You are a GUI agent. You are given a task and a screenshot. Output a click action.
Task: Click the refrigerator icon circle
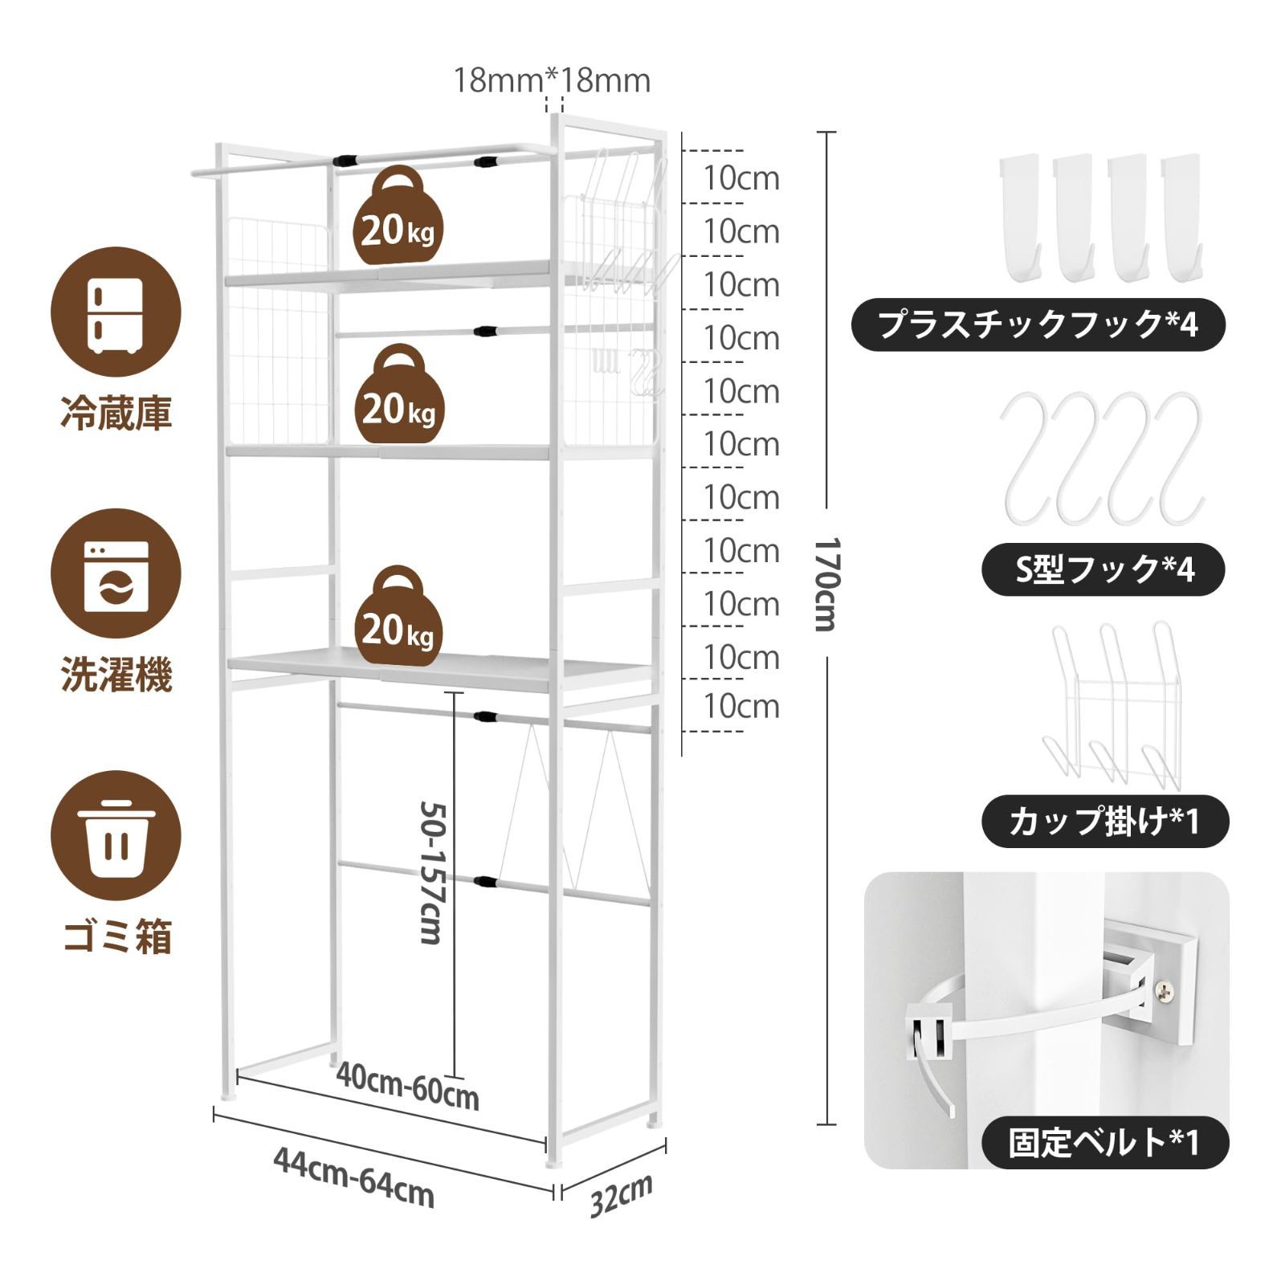point(116,312)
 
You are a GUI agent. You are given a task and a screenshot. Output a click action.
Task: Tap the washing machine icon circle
point(116,573)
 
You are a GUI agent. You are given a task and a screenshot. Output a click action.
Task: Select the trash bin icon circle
point(116,836)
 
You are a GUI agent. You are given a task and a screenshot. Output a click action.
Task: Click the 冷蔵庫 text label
point(116,415)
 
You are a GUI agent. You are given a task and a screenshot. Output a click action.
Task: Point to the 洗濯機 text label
point(116,675)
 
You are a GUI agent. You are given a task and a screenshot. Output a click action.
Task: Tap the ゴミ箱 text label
point(117,936)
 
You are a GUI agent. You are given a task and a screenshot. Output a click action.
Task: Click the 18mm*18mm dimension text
point(553,80)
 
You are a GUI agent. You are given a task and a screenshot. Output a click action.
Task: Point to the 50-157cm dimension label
point(433,872)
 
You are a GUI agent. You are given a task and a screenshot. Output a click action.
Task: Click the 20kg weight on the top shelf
point(398,215)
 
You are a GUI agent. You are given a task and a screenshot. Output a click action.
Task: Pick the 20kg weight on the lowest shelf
point(398,615)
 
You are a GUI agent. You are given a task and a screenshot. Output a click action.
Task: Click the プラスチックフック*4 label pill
point(1038,324)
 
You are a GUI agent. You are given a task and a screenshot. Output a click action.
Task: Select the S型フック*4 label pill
point(1103,569)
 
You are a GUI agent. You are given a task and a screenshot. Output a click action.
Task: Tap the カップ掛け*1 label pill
point(1105,821)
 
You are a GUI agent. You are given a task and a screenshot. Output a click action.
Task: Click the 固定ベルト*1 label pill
point(1105,1141)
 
